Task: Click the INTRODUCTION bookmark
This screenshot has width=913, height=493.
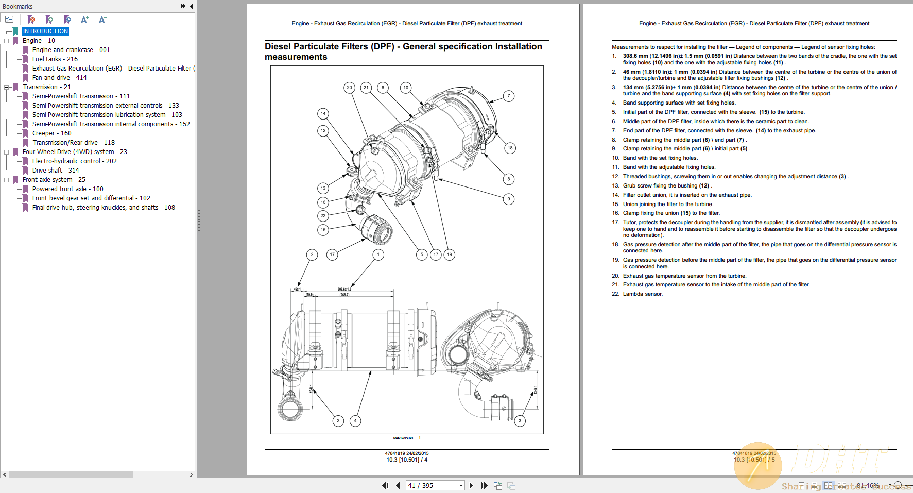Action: pos(45,31)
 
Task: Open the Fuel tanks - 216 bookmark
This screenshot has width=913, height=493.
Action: pos(55,59)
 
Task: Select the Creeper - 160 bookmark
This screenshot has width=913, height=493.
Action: pos(51,133)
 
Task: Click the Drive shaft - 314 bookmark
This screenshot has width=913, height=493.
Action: pos(56,171)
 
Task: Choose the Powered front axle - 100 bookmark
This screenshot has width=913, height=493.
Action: pos(67,189)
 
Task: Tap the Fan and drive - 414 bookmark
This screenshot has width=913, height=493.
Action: pos(59,78)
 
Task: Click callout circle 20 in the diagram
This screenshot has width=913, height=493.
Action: pos(349,88)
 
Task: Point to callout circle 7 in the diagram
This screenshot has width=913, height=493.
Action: pos(508,96)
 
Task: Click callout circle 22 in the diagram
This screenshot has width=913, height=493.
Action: pos(323,216)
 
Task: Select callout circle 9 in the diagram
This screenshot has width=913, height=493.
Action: pos(508,199)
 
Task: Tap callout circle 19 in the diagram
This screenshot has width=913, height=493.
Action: pos(449,254)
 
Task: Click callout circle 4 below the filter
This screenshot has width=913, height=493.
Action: pos(355,421)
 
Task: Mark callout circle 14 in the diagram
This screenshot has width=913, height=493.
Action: pos(323,113)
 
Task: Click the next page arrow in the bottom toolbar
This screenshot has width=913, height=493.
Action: pos(471,485)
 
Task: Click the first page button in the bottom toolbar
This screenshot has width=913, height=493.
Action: pos(385,485)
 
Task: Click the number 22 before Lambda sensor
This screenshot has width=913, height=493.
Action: pos(615,294)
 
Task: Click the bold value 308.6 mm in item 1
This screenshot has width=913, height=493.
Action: pos(635,56)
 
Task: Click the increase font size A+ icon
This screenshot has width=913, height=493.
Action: pos(85,20)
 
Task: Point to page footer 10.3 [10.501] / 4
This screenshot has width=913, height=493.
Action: pos(407,460)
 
